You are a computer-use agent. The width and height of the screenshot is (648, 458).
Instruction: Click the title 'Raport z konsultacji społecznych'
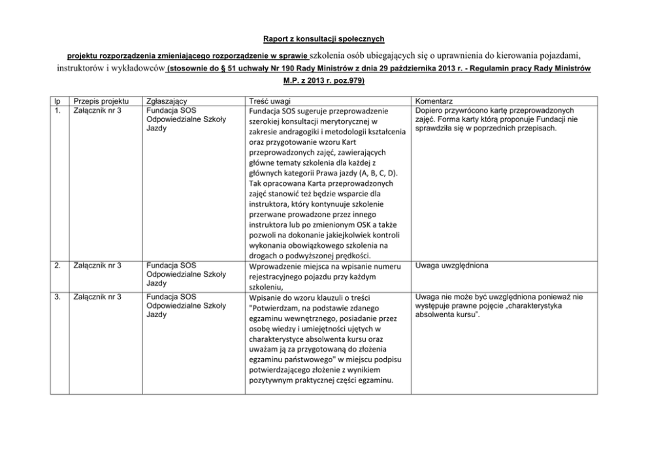324,38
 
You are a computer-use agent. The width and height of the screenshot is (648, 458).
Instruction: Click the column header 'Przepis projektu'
100,101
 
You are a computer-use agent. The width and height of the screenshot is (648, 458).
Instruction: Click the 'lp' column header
57,101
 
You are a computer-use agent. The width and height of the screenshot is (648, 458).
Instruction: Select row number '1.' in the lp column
57,110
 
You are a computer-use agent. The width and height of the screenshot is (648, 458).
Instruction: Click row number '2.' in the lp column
57,266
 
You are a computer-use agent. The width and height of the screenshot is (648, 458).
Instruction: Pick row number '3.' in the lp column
57,298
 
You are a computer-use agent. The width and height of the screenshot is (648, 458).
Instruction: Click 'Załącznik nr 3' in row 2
99,266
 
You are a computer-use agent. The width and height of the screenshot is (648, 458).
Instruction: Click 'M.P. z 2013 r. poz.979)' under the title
324,82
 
